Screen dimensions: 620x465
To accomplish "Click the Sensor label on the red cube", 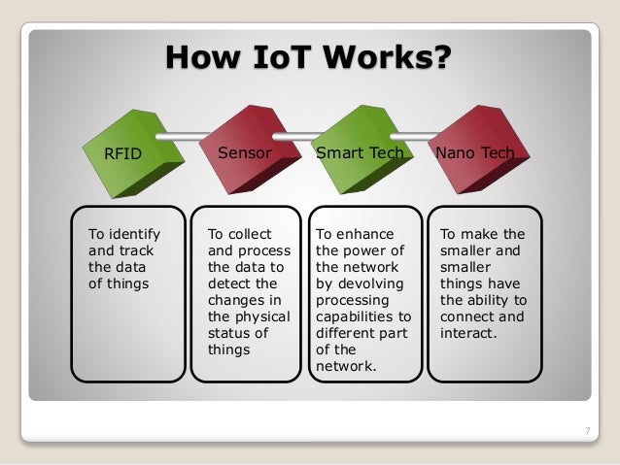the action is click(x=244, y=152).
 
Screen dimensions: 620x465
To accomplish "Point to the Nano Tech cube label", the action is click(x=475, y=152).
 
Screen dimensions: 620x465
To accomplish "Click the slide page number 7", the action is click(x=587, y=430).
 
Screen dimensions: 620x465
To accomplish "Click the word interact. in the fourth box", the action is click(x=468, y=333).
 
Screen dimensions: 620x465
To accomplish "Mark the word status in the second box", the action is click(x=227, y=333).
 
